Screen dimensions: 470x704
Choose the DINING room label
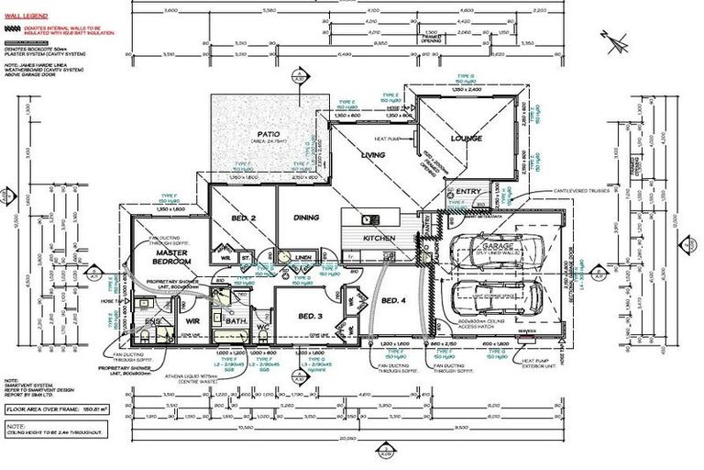point(305,218)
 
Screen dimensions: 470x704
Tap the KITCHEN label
point(379,238)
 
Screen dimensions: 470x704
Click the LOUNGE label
point(466,139)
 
